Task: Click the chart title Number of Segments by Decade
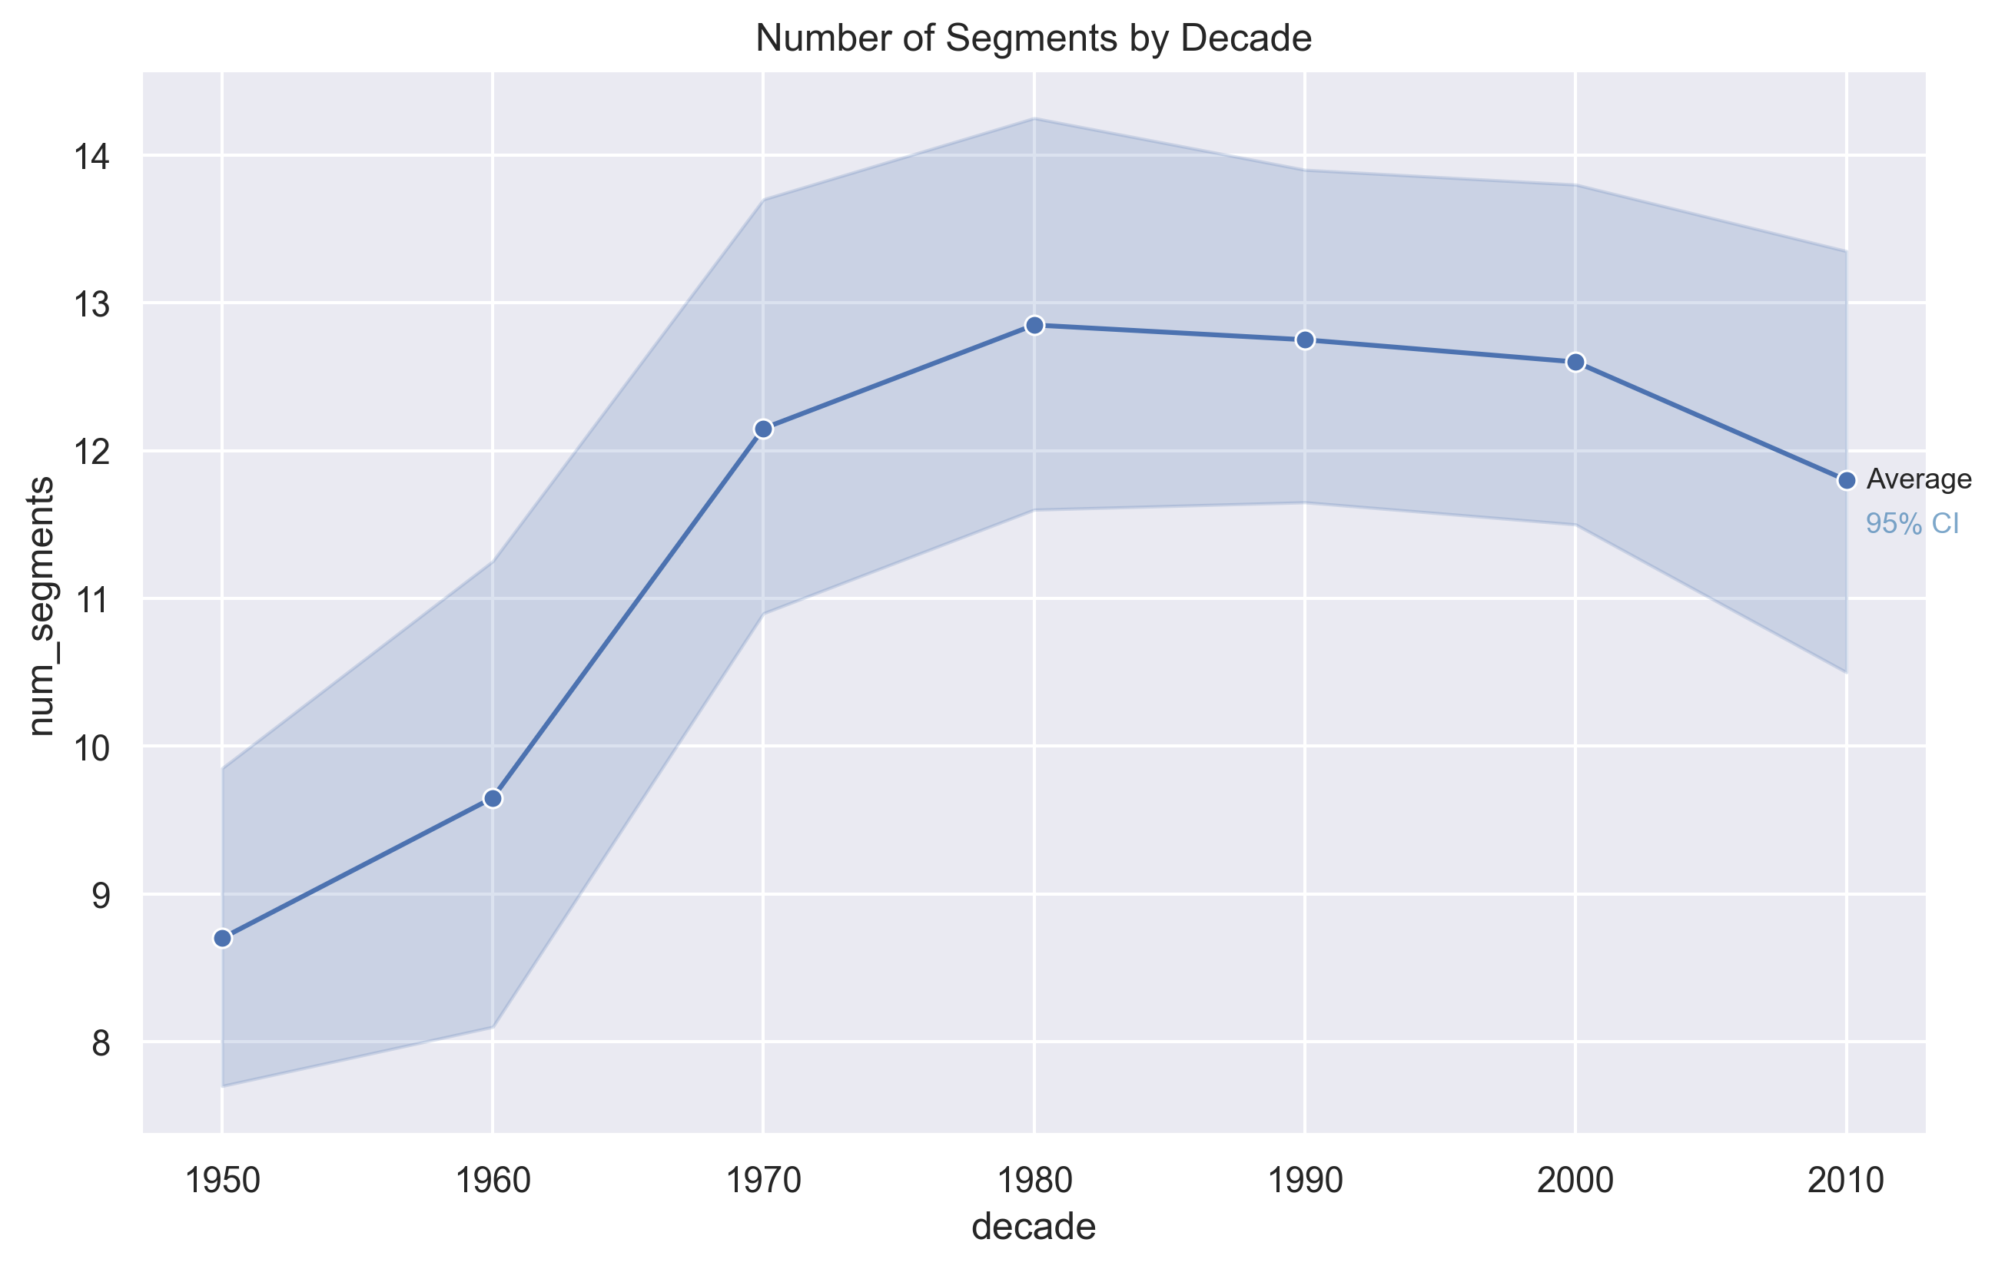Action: (1033, 39)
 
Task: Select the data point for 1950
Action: (222, 939)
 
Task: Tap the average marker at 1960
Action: (493, 799)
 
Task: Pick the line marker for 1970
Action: (763, 429)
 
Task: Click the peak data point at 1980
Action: (1034, 326)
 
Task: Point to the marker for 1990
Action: (1305, 340)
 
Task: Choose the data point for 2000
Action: (1575, 363)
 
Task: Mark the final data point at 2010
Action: (1846, 482)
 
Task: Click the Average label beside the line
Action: (1919, 479)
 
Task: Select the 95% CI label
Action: (1912, 525)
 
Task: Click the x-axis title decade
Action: (1033, 1227)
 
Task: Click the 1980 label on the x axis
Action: (1034, 1181)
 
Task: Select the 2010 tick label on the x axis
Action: (1846, 1181)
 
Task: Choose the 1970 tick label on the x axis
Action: (763, 1181)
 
